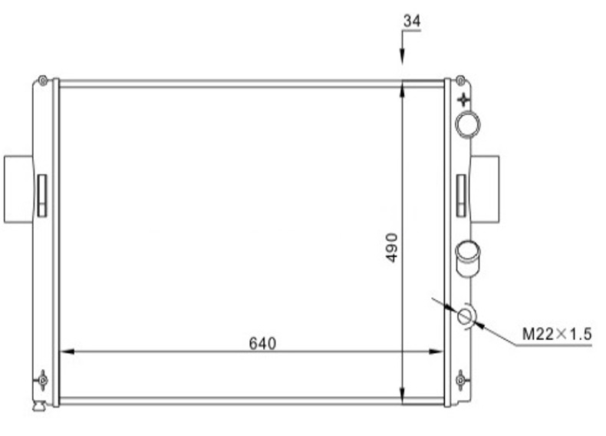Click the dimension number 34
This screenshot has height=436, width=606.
point(412,21)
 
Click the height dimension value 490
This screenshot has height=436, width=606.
point(391,248)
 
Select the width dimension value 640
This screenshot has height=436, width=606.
point(262,344)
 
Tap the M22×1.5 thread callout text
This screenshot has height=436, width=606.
point(557,334)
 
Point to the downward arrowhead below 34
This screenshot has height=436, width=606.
point(402,55)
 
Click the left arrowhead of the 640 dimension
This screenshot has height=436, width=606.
point(67,352)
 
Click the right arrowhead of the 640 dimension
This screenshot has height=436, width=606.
point(436,352)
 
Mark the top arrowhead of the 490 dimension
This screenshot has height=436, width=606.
point(402,90)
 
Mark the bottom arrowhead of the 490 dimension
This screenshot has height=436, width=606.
point(402,395)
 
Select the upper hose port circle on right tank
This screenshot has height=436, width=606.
point(468,124)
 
